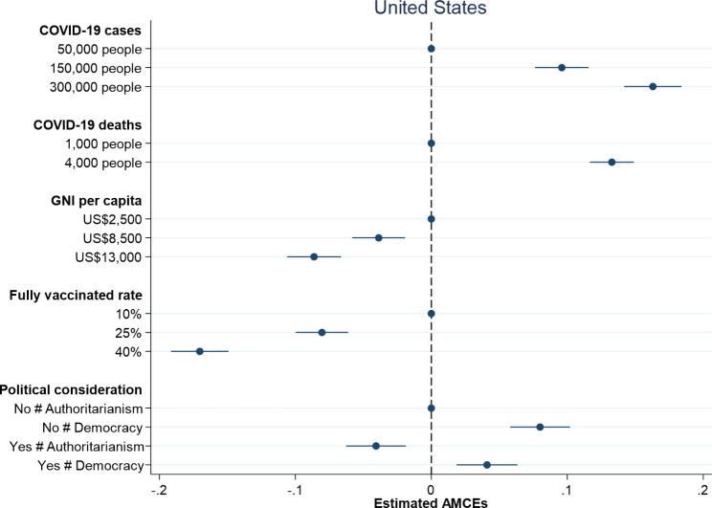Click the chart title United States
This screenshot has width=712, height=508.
click(431, 9)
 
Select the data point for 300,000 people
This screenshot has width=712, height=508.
click(653, 86)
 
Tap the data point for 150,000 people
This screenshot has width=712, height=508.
click(562, 68)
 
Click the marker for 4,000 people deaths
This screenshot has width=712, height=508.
click(612, 163)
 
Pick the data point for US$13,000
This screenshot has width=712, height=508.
click(314, 256)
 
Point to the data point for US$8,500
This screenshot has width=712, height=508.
click(379, 237)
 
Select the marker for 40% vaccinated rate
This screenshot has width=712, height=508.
click(200, 351)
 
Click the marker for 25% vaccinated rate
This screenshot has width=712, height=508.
click(322, 332)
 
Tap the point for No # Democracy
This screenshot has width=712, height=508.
click(540, 427)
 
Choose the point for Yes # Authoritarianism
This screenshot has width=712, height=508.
click(376, 446)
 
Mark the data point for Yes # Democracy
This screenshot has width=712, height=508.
click(487, 465)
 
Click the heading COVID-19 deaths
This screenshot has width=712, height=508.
click(87, 124)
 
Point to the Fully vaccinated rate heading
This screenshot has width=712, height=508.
click(77, 295)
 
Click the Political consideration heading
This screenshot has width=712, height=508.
click(72, 389)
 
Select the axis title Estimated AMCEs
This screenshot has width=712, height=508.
click(431, 500)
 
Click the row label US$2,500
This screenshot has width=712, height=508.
click(110, 219)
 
